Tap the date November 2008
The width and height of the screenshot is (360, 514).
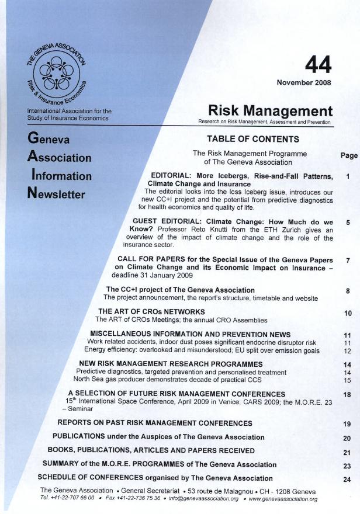click(x=304, y=82)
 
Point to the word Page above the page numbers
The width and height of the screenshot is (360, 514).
click(x=349, y=156)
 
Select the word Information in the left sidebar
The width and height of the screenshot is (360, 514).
click(x=61, y=176)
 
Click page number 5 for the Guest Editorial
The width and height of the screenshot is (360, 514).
click(x=348, y=223)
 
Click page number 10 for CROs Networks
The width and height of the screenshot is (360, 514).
click(x=348, y=313)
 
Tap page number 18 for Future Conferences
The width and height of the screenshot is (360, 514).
click(x=347, y=395)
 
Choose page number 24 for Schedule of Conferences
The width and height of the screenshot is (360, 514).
click(x=347, y=480)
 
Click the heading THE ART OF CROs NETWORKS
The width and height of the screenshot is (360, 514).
click(x=151, y=311)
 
